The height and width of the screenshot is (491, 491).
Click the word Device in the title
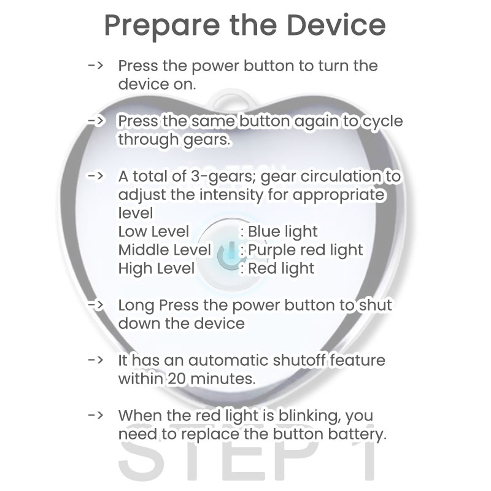tap(336, 25)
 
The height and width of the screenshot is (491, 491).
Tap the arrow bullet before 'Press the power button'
tap(96, 66)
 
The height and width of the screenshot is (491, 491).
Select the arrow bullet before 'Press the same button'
tap(96, 121)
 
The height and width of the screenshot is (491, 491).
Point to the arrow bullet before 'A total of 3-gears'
tap(96, 176)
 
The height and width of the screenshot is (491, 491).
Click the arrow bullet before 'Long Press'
tap(96, 304)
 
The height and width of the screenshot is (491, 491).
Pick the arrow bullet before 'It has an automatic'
tap(96, 360)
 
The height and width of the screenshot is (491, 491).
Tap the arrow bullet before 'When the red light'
tap(96, 416)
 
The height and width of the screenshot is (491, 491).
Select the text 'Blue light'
tap(283, 232)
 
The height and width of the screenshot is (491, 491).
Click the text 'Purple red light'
tap(305, 250)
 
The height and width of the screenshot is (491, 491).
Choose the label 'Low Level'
tap(153, 232)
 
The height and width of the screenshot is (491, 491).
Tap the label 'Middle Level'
tap(164, 250)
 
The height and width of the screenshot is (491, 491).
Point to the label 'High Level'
tap(157, 269)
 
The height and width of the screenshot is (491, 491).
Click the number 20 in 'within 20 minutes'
tap(177, 379)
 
